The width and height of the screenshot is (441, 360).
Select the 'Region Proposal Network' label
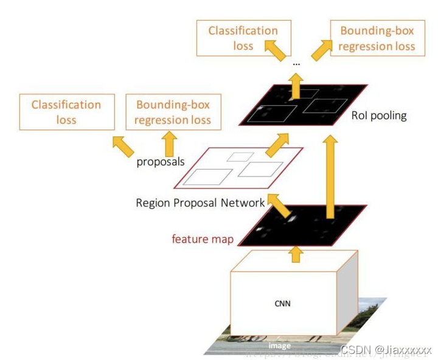pos(200,202)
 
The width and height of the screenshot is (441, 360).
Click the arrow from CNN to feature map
pos(296,254)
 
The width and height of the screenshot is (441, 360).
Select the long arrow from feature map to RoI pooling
pos(330,176)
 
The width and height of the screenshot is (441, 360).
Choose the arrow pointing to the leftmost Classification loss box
pos(123,145)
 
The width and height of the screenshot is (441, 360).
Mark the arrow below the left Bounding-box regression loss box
pos(169,144)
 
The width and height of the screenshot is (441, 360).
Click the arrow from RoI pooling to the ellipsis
pos(296,85)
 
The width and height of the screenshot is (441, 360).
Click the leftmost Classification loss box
pos(67,112)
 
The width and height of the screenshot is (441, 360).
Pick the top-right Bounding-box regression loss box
pos(377,38)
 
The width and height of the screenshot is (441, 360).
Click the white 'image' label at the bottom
pos(280,345)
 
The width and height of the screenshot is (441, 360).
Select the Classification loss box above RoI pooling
pos(243,38)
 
